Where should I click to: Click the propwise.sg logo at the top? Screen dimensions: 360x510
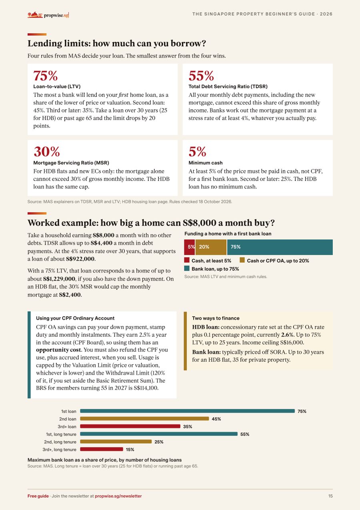48,15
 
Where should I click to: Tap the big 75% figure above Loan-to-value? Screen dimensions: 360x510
45,76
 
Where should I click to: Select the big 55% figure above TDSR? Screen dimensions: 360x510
201,76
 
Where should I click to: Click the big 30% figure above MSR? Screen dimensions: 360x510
47,152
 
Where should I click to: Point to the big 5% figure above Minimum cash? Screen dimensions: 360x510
197,152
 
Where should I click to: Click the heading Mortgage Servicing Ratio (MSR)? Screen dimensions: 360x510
71,163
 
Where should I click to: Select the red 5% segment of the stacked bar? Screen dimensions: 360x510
189,247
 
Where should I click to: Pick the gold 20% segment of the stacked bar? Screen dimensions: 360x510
211,247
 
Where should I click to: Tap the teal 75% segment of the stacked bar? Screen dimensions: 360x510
280,247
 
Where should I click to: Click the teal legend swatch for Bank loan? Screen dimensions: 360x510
187,268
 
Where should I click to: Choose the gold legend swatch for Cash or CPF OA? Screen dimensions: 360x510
242,260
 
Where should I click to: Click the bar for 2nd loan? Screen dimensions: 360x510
144,418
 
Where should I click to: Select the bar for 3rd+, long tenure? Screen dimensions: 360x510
102,449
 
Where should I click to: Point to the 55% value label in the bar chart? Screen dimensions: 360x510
245,434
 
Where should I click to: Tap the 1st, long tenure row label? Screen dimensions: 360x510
61,434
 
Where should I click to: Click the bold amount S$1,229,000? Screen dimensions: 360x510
59,279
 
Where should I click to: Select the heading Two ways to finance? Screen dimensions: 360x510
216,318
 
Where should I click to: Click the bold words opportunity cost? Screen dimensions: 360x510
58,350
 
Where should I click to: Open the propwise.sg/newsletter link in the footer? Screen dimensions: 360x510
118,496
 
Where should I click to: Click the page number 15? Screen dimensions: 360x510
330,496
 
